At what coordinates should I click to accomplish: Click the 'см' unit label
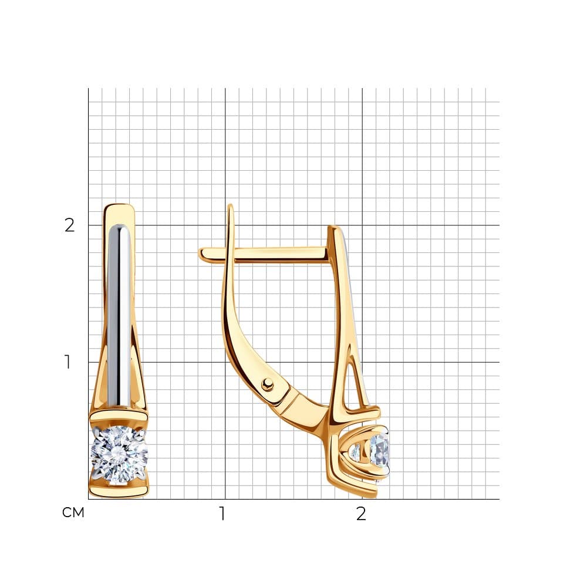(x=73, y=512)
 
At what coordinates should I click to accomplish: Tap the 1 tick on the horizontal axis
(x=222, y=514)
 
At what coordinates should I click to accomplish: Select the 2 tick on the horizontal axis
(x=361, y=514)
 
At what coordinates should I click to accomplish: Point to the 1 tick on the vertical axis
(x=68, y=362)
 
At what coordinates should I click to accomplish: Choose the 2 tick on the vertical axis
(x=70, y=225)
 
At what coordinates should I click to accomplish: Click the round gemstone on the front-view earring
(x=119, y=454)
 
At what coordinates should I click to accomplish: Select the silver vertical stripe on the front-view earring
(x=119, y=316)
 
